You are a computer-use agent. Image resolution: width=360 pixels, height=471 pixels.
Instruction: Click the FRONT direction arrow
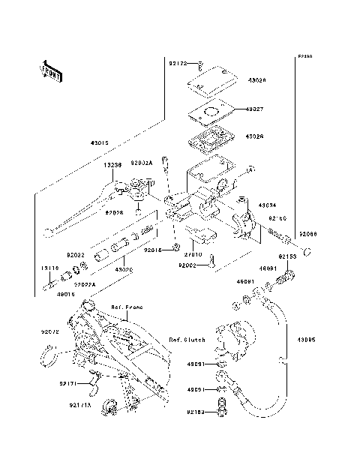[50, 70]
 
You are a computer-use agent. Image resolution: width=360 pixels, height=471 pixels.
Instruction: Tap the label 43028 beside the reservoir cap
[257, 79]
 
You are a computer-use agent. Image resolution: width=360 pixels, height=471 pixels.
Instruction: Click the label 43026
[256, 137]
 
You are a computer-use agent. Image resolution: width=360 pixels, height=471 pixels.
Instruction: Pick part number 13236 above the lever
[112, 165]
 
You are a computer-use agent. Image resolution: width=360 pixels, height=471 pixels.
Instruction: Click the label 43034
[268, 204]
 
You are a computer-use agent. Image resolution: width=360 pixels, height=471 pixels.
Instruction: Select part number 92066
[308, 235]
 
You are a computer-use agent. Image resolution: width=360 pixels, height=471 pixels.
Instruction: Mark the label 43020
[124, 268]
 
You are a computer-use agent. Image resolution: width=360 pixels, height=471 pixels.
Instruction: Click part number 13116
[49, 267]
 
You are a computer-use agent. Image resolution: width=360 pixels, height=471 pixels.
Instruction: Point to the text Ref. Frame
[127, 307]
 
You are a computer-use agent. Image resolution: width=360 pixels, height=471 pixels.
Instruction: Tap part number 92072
[49, 330]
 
